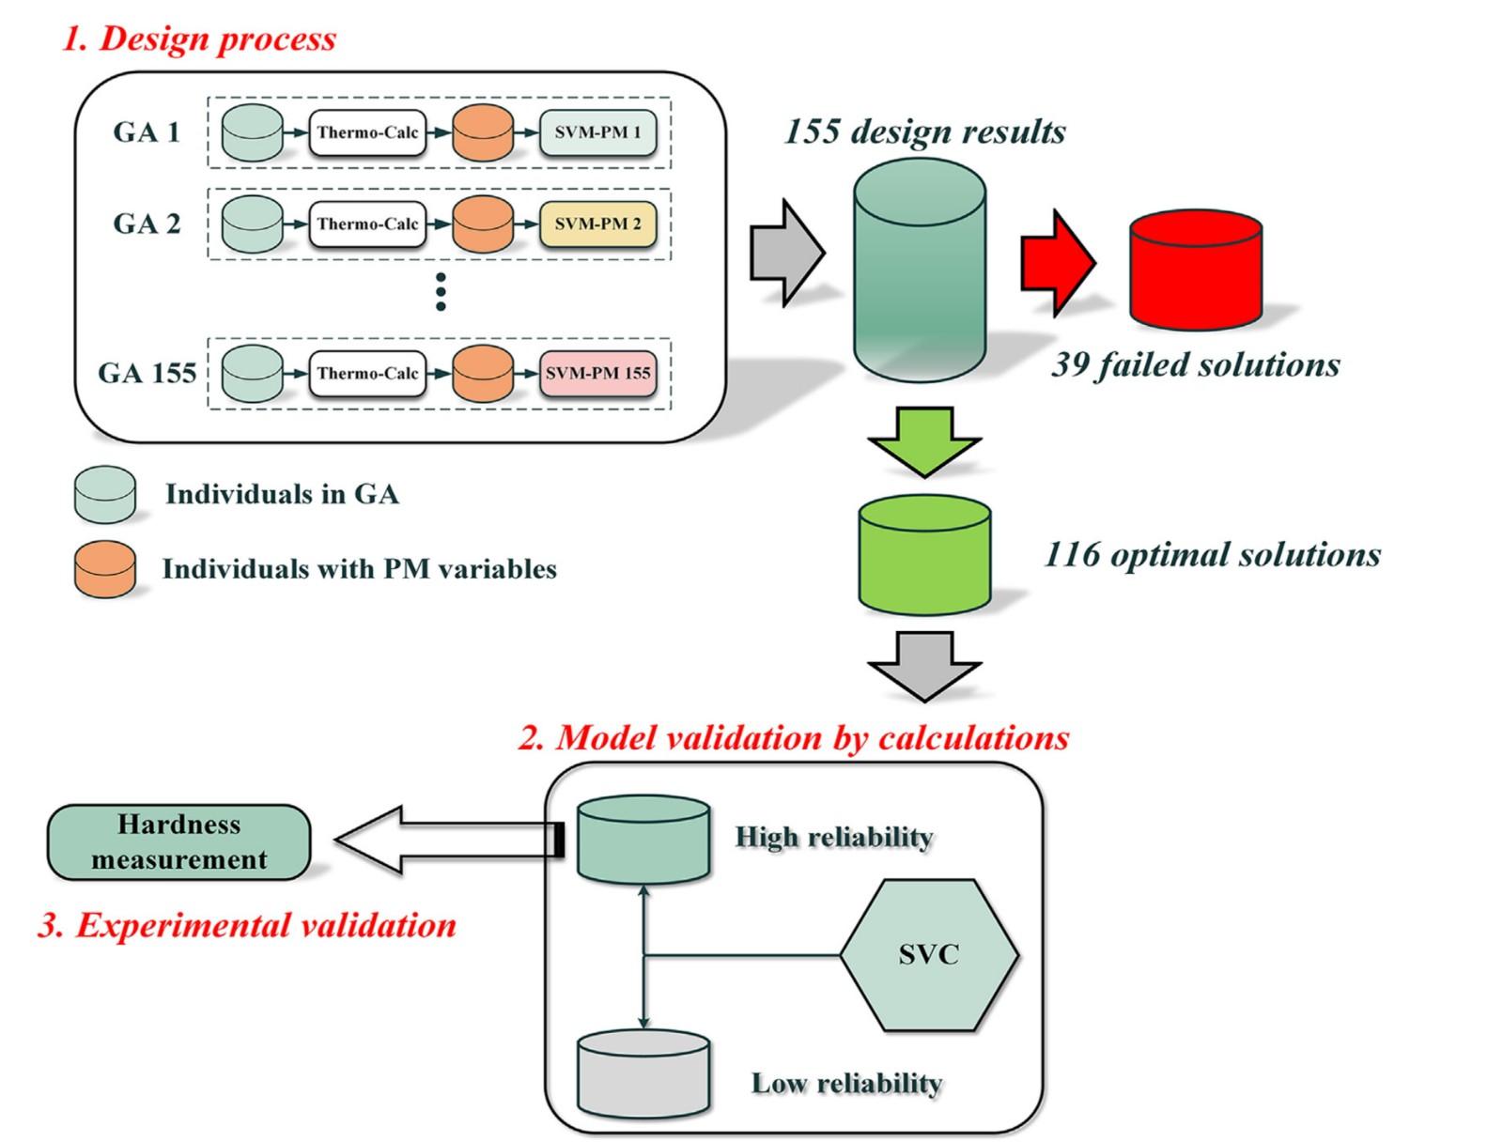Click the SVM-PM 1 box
coord(597,132)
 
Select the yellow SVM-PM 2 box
coord(597,224)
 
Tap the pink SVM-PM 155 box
coord(597,373)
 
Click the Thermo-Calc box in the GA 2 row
coord(367,224)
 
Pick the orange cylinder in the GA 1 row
coord(483,132)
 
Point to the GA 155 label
coord(147,373)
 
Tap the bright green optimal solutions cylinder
coord(924,555)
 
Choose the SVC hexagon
coord(928,955)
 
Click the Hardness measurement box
coord(178,841)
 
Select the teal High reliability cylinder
coord(643,840)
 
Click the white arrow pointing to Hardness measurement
coord(442,840)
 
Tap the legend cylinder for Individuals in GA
coord(105,494)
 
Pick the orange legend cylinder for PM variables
coord(105,569)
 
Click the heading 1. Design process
coord(199,39)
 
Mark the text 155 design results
coord(924,131)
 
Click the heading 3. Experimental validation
coord(247,925)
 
